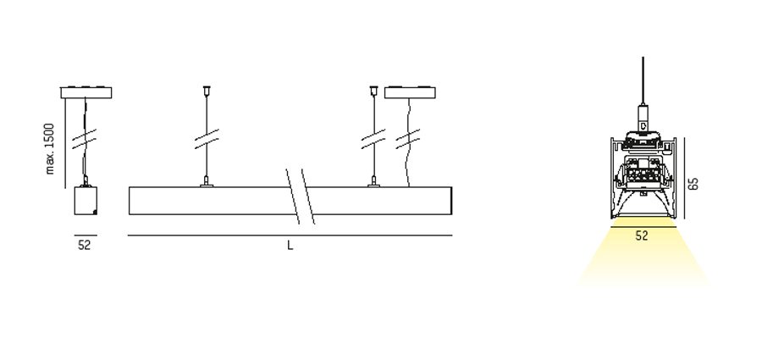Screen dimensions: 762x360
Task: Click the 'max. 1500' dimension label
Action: pos(50,148)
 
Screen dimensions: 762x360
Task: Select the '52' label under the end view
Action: pos(84,245)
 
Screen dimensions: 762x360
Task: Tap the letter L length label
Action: pos(290,246)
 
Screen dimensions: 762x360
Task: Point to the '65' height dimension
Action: pos(694,184)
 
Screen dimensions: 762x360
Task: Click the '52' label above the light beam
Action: pos(642,236)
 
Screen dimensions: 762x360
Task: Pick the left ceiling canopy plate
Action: pos(86,92)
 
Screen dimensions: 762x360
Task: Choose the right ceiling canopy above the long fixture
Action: pos(410,92)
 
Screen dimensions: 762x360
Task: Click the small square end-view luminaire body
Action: pos(86,201)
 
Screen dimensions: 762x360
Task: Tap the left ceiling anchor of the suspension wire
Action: pos(207,90)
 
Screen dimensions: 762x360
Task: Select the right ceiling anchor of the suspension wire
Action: pos(373,90)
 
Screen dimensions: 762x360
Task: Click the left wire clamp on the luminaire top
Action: pos(207,182)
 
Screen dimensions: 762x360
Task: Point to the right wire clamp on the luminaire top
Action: pos(373,182)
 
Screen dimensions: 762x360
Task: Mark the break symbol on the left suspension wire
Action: pos(207,139)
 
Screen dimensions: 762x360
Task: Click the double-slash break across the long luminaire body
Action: pos(300,197)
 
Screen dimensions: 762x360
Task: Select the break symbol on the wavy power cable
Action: pos(408,139)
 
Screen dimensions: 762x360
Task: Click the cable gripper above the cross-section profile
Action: pos(643,119)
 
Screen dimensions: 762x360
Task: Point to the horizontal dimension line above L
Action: pos(290,235)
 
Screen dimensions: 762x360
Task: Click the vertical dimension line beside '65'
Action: pos(684,178)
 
